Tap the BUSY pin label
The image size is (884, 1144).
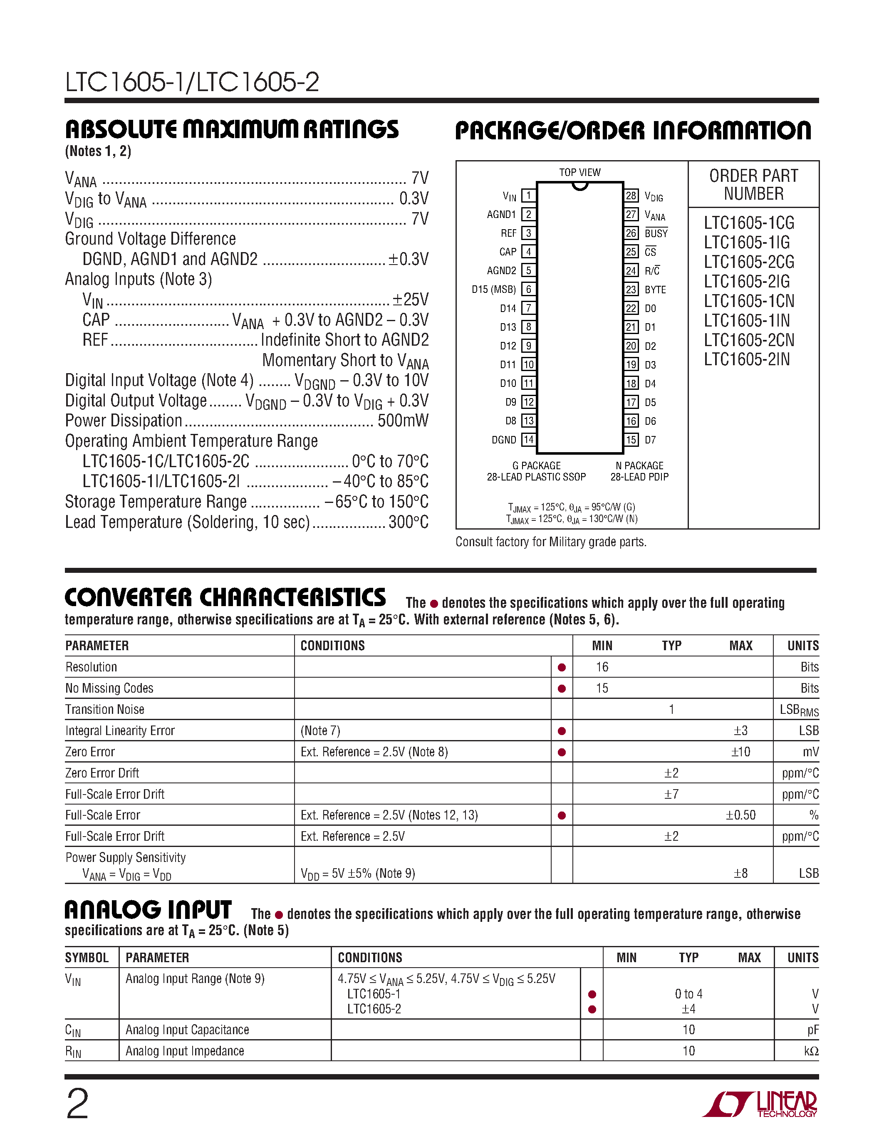[656, 233]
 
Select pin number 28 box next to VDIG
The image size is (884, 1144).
[631, 196]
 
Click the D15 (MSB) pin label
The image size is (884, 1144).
[493, 290]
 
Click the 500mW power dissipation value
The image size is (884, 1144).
[403, 421]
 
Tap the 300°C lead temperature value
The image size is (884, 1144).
[409, 522]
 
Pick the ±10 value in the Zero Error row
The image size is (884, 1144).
[740, 752]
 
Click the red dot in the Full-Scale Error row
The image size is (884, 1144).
[562, 815]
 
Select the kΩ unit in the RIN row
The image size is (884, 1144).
[811, 1051]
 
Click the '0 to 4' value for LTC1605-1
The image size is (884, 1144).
[688, 994]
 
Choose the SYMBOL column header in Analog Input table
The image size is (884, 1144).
[87, 958]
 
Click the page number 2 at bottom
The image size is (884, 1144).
[77, 1104]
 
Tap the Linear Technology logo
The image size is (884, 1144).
[760, 1104]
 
